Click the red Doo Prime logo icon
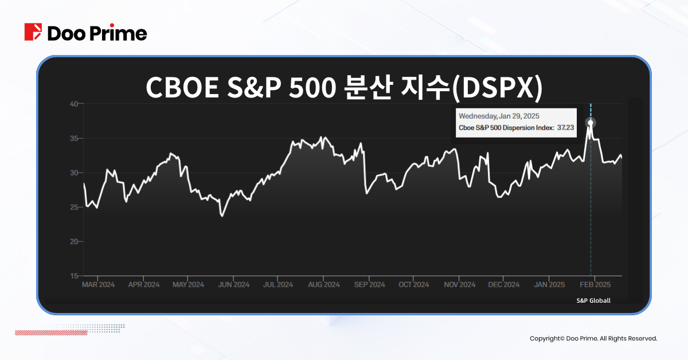33,32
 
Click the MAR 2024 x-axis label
98,285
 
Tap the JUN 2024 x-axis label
233,285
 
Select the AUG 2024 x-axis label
323,285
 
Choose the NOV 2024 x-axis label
459,285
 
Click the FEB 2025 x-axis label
595,285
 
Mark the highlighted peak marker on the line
591,123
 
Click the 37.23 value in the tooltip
565,128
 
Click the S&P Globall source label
593,300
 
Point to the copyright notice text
593,339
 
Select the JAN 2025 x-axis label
549,285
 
